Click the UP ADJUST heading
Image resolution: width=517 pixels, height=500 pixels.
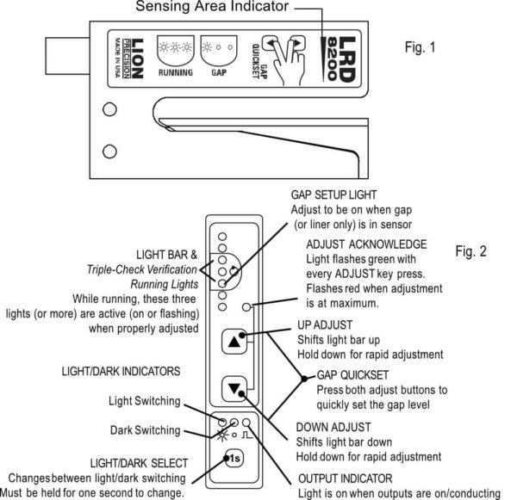(x=326, y=326)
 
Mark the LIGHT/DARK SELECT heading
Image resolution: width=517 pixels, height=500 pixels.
(x=122, y=462)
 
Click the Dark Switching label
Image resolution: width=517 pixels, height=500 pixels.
(x=146, y=429)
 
